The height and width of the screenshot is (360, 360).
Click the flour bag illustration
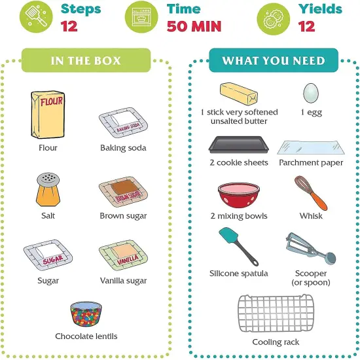coord(48,115)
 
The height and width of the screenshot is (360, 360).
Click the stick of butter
coord(240,94)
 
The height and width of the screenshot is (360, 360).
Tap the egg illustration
coord(311,93)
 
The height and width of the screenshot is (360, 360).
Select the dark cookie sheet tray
coord(238,144)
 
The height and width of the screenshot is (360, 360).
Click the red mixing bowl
coord(238,196)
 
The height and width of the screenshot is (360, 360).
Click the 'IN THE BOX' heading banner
coord(86,60)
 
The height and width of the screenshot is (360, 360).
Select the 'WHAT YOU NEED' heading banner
coord(273,60)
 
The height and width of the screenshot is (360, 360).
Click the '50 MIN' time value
coord(193,27)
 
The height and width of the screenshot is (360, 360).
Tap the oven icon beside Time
coord(147,18)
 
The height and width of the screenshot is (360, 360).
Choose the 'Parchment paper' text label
coord(311,163)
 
